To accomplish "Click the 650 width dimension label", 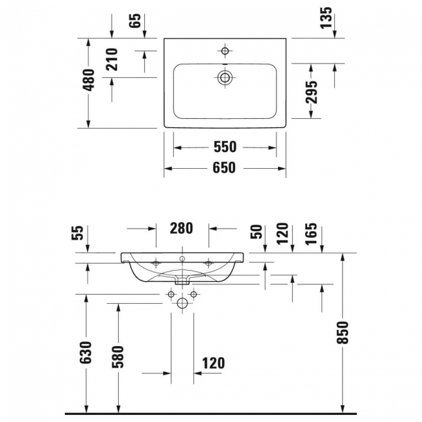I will tap(224, 168).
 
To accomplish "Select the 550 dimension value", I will tap(224, 147).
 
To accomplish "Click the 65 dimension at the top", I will tap(136, 19).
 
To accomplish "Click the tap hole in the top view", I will tap(225, 51).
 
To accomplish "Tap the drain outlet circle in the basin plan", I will tap(225, 77).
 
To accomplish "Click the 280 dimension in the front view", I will tap(182, 228).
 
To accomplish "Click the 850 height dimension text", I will tap(343, 332).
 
